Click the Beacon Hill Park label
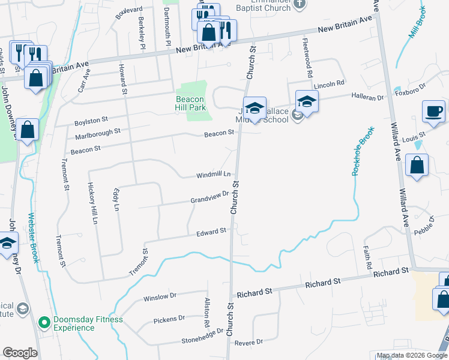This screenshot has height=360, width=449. click(x=190, y=103)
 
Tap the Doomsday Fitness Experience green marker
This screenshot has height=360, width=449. click(x=44, y=323)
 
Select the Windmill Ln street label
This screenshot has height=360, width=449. click(x=214, y=175)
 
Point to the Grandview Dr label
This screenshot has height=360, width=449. click(x=209, y=197)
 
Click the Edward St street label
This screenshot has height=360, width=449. click(x=211, y=231)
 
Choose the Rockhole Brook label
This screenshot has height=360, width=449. click(x=363, y=151)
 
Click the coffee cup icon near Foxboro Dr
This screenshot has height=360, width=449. click(x=433, y=112)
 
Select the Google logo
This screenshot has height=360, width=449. click(x=20, y=352)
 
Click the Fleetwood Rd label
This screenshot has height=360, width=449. click(x=308, y=58)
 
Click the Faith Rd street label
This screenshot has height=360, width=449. click(x=367, y=256)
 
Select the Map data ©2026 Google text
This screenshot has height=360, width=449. click(x=411, y=355)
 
